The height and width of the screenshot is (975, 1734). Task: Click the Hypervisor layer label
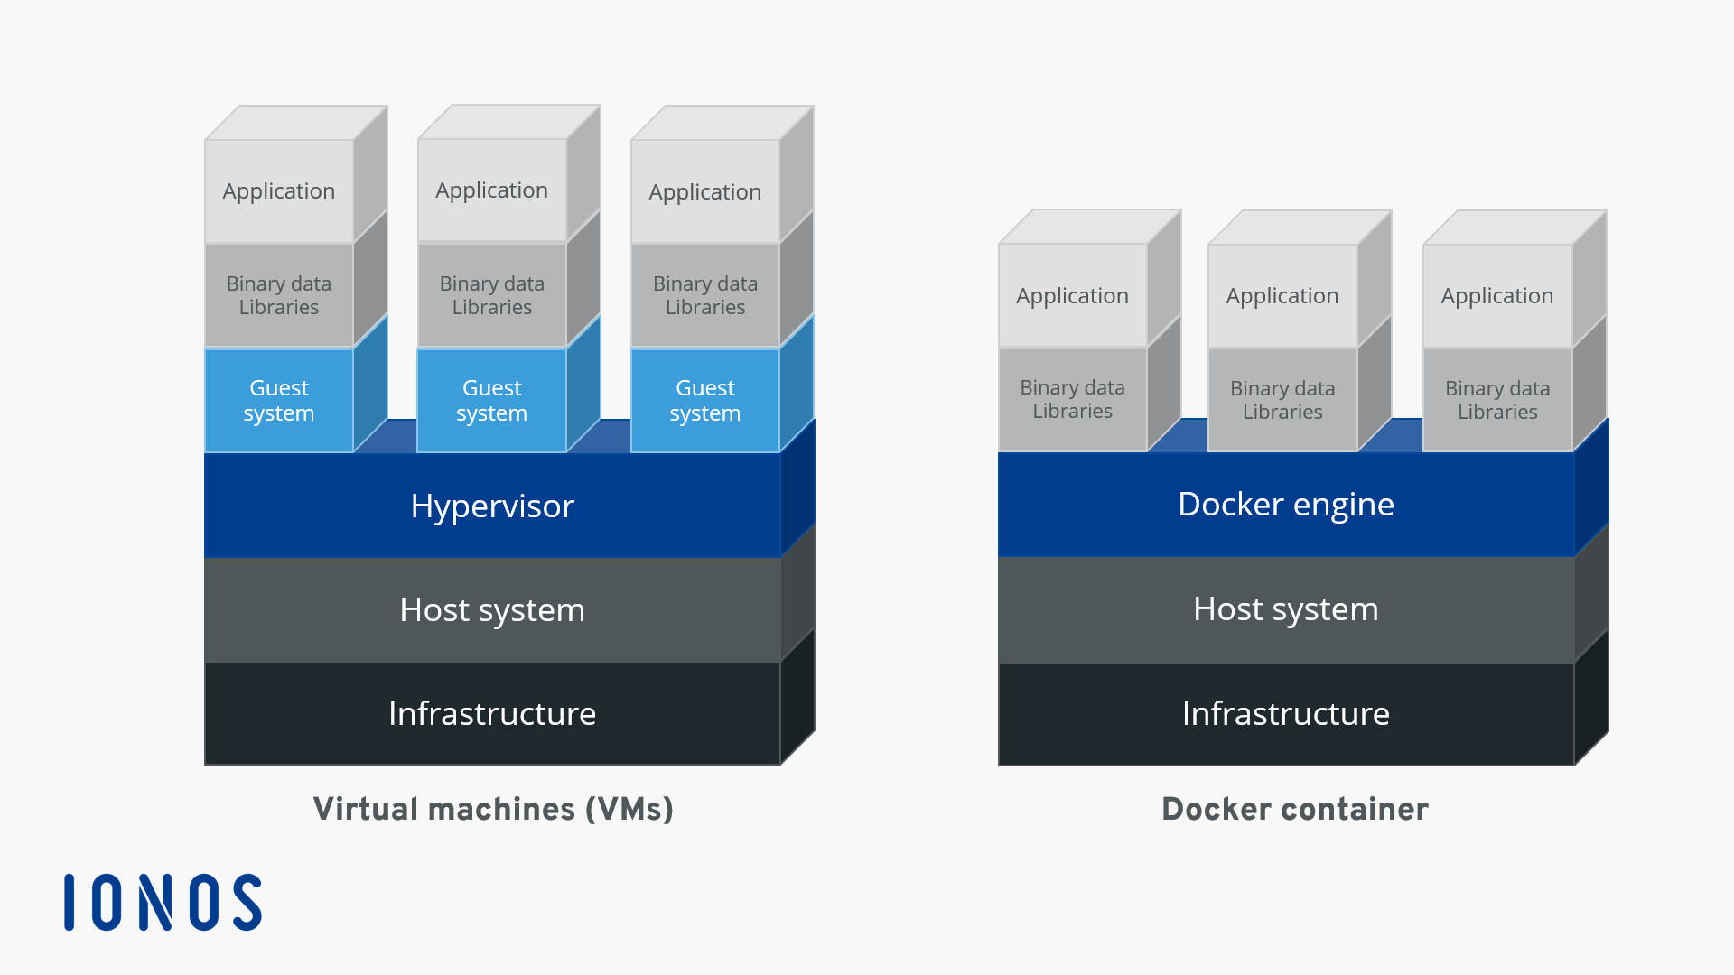click(x=492, y=506)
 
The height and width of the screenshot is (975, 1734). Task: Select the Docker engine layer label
click(x=1285, y=505)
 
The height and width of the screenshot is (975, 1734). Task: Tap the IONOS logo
click(x=163, y=902)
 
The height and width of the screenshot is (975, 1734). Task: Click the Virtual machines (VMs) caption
click(x=493, y=809)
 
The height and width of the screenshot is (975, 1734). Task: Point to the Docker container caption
click(x=1294, y=809)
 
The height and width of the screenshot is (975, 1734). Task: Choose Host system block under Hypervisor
click(x=492, y=610)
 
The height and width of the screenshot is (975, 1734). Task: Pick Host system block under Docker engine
click(x=1285, y=609)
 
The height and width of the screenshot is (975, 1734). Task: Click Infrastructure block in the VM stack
click(x=492, y=714)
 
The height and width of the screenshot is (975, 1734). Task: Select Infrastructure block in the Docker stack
click(x=1285, y=714)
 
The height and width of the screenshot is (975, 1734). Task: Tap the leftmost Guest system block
click(x=279, y=401)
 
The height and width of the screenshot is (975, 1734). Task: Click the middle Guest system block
click(x=492, y=401)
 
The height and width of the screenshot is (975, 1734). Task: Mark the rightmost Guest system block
click(x=705, y=401)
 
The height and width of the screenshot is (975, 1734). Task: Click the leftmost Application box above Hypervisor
click(x=279, y=191)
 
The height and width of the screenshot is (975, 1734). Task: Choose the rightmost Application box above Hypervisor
click(x=705, y=192)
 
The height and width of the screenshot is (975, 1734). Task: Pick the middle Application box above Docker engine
click(x=1282, y=296)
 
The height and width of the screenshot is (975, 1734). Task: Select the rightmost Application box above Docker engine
click(x=1497, y=296)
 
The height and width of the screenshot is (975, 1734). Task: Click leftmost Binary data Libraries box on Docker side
click(x=1072, y=399)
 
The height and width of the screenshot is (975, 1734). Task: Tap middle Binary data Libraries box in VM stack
click(x=492, y=295)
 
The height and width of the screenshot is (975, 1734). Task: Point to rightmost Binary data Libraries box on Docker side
click(x=1497, y=400)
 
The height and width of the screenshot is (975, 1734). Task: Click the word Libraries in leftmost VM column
click(x=279, y=308)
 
